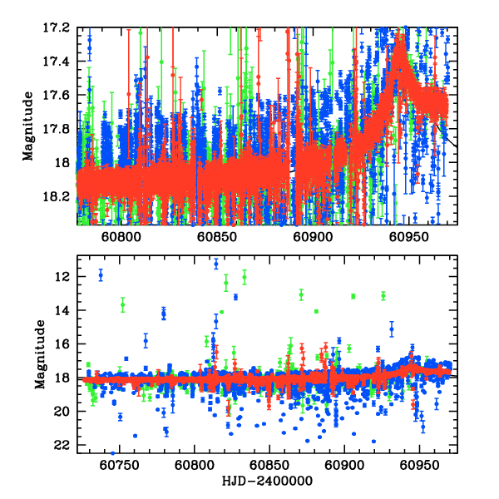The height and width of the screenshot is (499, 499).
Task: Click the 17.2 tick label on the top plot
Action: (x=57, y=27)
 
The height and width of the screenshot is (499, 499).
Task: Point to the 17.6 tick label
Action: (x=57, y=95)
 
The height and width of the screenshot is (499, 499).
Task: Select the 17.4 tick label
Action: (x=57, y=62)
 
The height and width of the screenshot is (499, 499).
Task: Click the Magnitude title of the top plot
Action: (x=28, y=126)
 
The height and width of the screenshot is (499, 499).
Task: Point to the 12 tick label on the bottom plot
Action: (x=62, y=276)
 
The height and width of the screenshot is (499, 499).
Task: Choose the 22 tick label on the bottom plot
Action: (x=62, y=445)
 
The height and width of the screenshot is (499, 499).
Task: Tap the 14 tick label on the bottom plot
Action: (x=62, y=310)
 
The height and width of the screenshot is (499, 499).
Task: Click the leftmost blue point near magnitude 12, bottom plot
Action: (x=101, y=275)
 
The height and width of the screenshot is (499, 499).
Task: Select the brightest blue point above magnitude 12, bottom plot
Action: (x=216, y=264)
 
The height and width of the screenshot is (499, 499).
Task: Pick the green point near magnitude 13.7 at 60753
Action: (x=123, y=304)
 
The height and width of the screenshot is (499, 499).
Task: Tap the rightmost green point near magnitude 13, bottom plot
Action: (x=383, y=295)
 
